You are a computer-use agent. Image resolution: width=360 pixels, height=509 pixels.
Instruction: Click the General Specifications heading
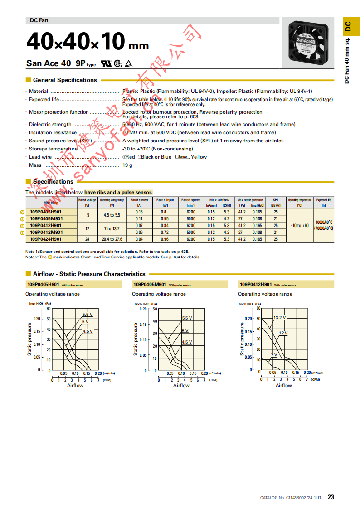65,80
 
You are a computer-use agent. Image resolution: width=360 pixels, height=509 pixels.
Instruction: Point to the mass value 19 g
127,165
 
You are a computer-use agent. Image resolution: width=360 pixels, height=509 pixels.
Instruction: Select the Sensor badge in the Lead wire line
182,157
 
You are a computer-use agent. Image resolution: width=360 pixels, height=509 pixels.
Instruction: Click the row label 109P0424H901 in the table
46,239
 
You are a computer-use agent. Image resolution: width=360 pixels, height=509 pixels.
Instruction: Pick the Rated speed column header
191,200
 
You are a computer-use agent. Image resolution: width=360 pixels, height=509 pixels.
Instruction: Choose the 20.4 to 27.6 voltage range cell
112,239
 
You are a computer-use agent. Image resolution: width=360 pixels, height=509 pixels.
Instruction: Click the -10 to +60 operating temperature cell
299,225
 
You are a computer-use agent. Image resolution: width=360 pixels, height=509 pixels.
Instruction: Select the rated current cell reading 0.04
139,239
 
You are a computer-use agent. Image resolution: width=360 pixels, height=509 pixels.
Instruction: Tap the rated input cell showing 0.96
165,239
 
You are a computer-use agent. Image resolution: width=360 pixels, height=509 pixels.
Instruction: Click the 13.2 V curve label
279,318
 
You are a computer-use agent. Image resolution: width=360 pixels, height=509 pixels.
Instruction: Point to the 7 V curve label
274,354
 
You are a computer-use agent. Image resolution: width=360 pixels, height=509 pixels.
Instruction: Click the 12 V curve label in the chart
283,333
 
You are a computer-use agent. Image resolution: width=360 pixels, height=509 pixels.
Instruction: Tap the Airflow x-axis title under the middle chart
181,385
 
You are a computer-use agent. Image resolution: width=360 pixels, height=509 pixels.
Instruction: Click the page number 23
331,497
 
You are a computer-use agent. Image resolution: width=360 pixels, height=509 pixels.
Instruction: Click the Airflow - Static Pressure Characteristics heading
89,274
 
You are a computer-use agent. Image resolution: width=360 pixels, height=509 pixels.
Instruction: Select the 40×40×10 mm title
88,43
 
